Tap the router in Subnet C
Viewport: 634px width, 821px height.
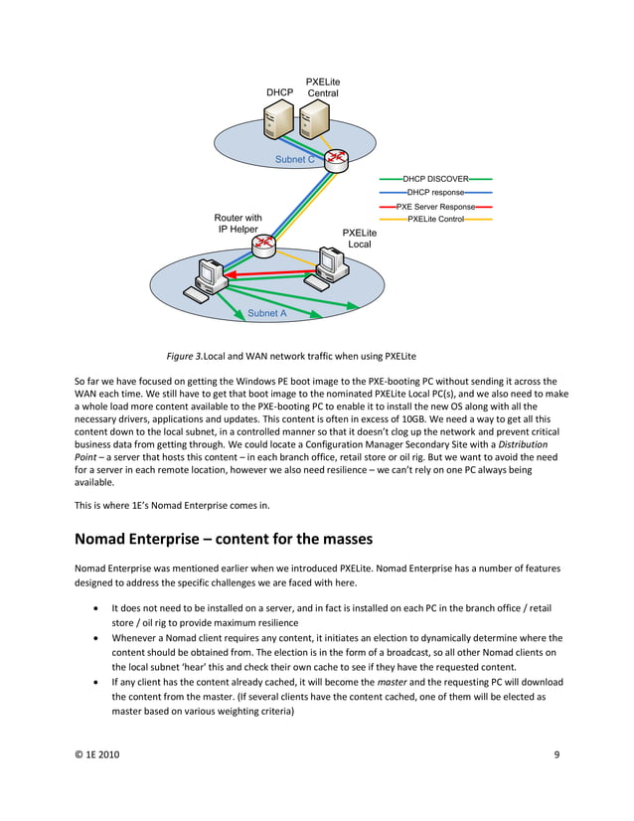(337, 159)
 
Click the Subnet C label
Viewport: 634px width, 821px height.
(295, 159)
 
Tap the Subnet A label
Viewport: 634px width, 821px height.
(266, 313)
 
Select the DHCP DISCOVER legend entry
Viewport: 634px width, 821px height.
(435, 179)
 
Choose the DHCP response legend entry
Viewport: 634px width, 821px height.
(435, 192)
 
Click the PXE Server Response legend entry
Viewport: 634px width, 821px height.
(435, 206)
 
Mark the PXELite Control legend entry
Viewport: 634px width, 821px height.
(435, 219)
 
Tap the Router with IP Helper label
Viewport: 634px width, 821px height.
(238, 224)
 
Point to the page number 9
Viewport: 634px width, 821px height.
(556, 783)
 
